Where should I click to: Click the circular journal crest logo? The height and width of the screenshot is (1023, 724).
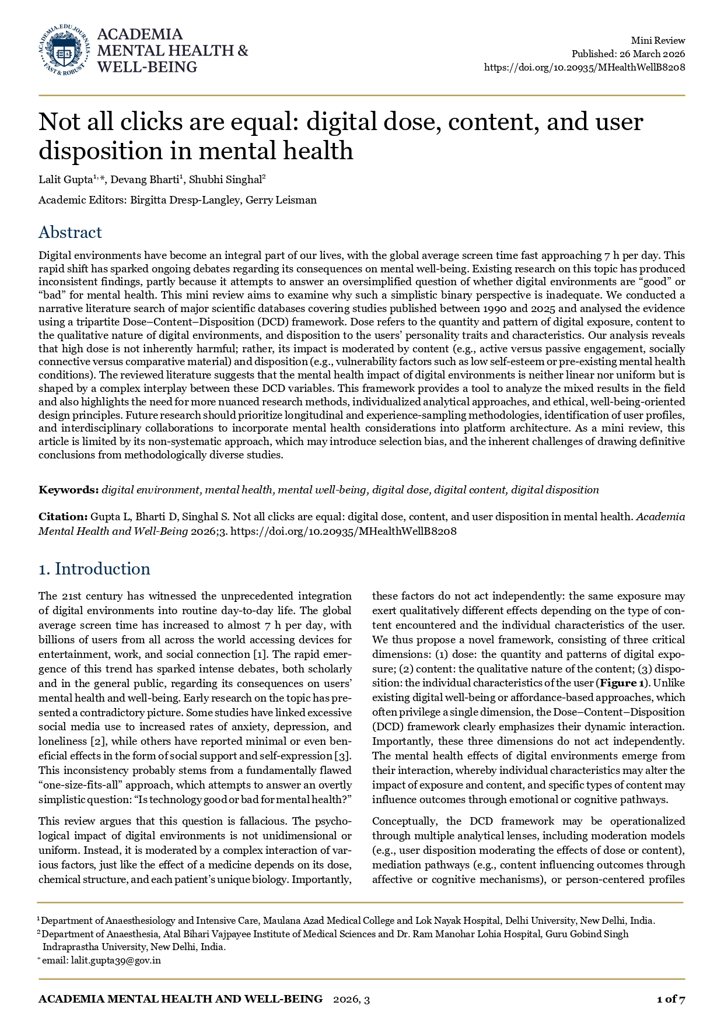(64, 51)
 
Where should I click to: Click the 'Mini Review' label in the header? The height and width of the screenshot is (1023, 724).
(657, 40)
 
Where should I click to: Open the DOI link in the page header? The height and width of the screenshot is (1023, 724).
(585, 67)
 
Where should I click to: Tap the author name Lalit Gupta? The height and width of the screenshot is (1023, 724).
(65, 180)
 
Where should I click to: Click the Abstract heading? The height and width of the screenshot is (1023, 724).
(70, 232)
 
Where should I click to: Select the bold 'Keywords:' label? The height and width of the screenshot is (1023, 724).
(68, 490)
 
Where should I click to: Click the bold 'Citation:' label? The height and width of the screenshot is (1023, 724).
(63, 517)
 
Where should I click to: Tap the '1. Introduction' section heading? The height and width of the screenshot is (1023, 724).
(94, 569)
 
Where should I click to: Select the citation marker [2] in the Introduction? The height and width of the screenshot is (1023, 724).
(97, 741)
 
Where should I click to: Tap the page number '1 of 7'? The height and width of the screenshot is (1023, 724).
(670, 999)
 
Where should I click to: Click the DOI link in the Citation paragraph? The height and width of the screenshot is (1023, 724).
(344, 531)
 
